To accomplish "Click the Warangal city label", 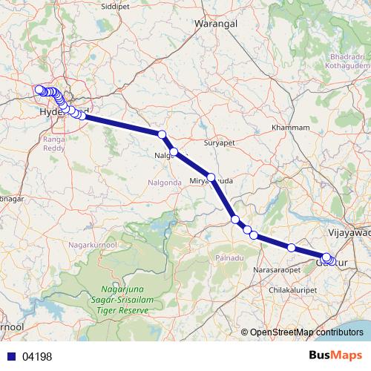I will [x=215, y=24].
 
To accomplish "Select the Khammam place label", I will [x=290, y=128].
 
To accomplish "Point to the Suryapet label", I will [x=219, y=140].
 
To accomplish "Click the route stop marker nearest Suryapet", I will [x=211, y=177].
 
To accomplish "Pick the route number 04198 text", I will [x=37, y=356].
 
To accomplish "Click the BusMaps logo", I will [x=336, y=355].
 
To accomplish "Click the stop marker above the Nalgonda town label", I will [x=162, y=134].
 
